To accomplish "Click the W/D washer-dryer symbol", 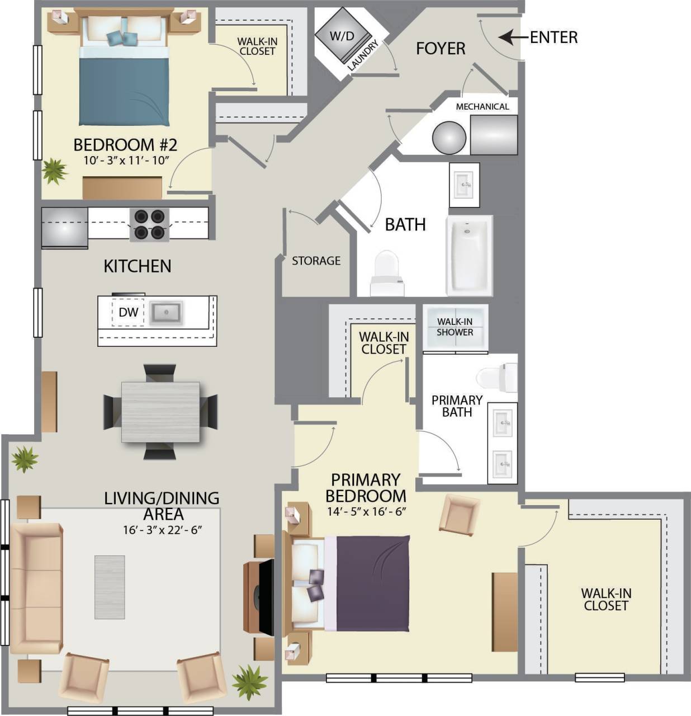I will [342, 37].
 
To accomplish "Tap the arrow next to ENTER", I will [512, 37].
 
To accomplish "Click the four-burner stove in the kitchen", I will [149, 224].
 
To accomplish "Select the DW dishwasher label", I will [129, 312].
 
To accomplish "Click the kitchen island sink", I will [165, 312].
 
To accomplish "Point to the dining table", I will [160, 412].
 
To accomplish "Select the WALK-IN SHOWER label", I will [455, 327].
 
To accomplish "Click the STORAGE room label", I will [316, 261].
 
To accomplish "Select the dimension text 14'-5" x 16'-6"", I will [366, 511].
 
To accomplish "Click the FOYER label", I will [440, 49].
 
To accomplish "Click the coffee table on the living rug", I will [110, 587].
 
